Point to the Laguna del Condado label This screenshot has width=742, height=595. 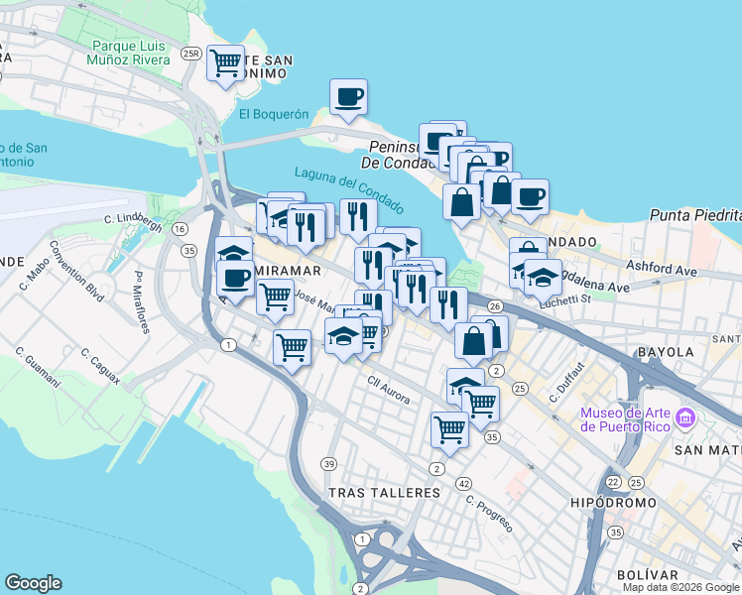pos(349,188)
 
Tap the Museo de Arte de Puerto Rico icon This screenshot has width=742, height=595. pos(683,418)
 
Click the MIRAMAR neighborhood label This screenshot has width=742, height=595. pos(287,271)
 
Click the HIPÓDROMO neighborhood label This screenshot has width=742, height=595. pos(613,503)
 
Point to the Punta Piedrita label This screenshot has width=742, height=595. pos(695,215)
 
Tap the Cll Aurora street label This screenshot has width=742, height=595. pos(389,384)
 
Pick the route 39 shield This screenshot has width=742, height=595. pos(328,464)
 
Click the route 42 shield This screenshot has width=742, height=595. pos(464,483)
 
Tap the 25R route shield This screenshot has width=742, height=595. pos(191,54)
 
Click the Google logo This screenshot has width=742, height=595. pos(33,583)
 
